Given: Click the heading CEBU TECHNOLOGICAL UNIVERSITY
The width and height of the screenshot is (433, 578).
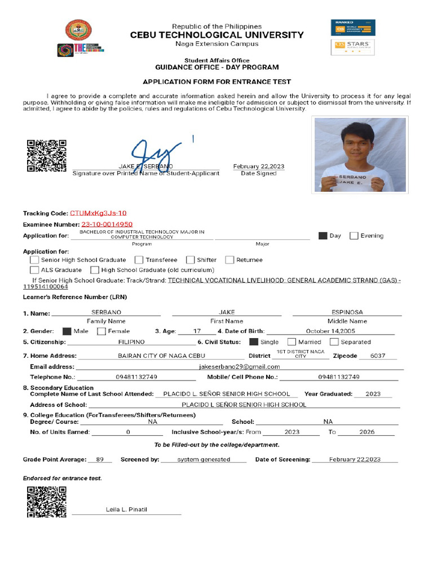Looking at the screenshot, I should coord(217,35).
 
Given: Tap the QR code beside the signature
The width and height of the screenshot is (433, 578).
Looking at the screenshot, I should coord(47,156).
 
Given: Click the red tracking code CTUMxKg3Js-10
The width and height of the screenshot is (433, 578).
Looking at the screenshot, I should coord(98,213).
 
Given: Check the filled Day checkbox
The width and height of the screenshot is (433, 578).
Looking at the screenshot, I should coord(322,236).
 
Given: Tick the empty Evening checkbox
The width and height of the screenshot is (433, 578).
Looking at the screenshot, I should coord(354,236).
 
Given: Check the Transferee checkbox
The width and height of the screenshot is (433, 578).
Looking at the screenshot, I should coord(139,260).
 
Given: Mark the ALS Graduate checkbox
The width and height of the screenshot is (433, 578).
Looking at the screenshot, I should coord(34,270).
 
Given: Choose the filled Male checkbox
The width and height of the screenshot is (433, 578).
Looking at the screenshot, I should coord(67,331).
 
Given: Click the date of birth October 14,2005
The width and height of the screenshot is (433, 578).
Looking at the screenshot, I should coord(330,331).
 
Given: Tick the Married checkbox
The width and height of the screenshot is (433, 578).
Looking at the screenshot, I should coord(291,342).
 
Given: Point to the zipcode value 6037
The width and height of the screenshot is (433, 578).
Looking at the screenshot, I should coord(378,356).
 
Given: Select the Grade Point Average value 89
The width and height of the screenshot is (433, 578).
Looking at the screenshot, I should coord(100,459).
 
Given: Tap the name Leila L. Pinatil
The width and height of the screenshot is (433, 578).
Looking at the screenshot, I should coord(126,510).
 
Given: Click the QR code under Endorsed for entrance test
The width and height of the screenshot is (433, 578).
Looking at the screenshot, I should coord(47,502).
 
